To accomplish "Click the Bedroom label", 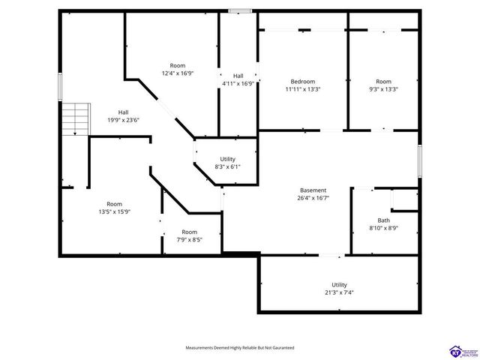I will click(x=303, y=81).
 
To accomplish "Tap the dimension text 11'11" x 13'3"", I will click(x=303, y=89).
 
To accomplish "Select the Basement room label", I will click(x=313, y=190).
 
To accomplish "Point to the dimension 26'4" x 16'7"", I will click(x=313, y=199).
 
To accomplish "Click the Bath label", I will click(x=383, y=220).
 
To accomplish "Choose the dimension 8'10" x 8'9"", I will click(x=383, y=229).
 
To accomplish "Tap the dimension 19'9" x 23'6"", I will click(x=123, y=121).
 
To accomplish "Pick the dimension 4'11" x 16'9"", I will click(x=238, y=84).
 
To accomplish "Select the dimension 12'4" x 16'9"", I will click(x=178, y=73).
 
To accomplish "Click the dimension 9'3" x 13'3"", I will click(x=383, y=89).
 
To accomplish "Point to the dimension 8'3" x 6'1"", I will click(x=227, y=166).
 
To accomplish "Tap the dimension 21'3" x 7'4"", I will click(x=340, y=292).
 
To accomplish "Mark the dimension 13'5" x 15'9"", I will click(x=114, y=212).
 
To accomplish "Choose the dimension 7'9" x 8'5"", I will click(x=189, y=240).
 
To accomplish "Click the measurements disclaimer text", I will click(x=240, y=348).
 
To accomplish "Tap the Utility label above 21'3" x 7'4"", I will click(x=340, y=284).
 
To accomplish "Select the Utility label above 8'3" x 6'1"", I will click(x=227, y=158).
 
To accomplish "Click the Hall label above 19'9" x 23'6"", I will click(x=123, y=112).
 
